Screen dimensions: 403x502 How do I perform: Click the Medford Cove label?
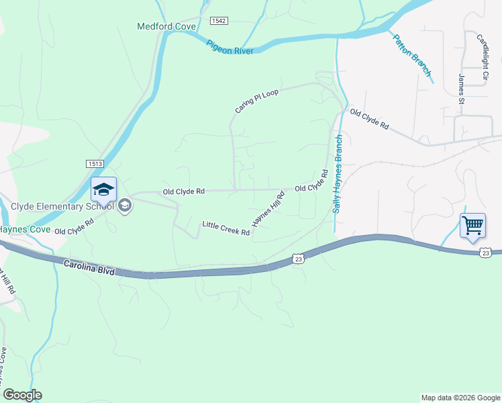pyautogui.click(x=166, y=27)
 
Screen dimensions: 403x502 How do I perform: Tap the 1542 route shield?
pyautogui.click(x=219, y=21)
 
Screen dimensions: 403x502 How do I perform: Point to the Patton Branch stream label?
pyautogui.click(x=412, y=53)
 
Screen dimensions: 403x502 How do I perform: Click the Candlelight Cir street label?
pyautogui.click(x=481, y=58)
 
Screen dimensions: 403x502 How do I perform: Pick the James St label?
pyautogui.click(x=462, y=89)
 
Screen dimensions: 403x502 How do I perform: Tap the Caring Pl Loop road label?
pyautogui.click(x=256, y=99)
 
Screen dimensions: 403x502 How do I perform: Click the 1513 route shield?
pyautogui.click(x=94, y=164)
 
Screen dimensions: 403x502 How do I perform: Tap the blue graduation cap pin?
pyautogui.click(x=104, y=190)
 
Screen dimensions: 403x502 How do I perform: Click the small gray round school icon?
pyautogui.click(x=124, y=206)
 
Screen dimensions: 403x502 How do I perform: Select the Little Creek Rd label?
pyautogui.click(x=226, y=228)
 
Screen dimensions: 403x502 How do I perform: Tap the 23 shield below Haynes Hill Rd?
pyautogui.click(x=299, y=258)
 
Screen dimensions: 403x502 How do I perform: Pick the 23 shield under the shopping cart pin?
pyautogui.click(x=486, y=252)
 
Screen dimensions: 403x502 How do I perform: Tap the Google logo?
pyautogui.click(x=22, y=395)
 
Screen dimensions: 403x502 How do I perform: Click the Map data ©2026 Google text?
pyautogui.click(x=460, y=398)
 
